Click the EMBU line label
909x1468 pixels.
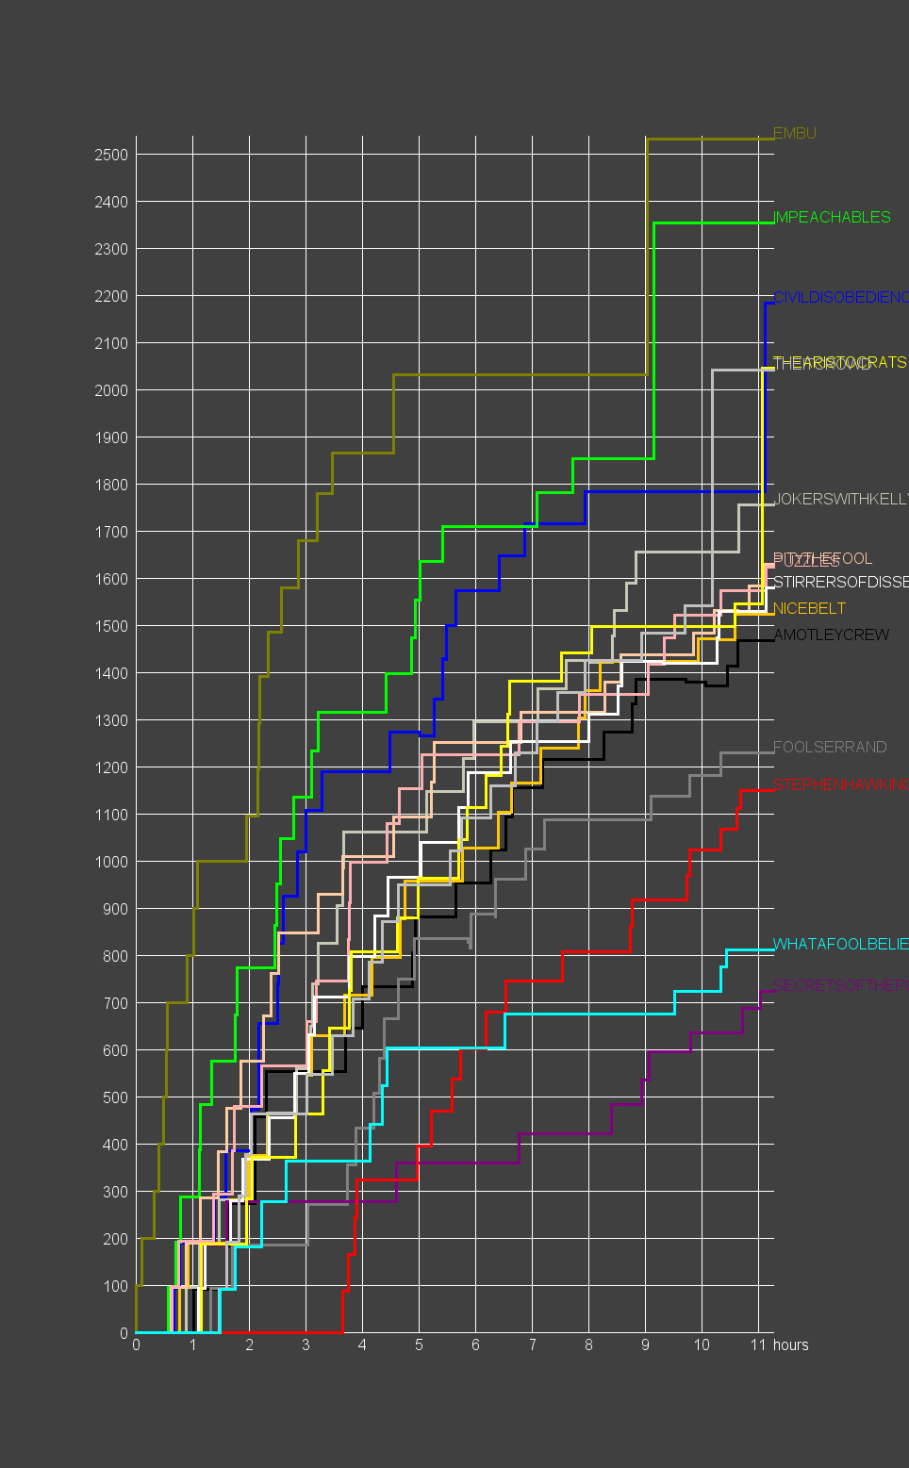[x=794, y=134]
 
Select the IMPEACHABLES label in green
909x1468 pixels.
[x=832, y=218]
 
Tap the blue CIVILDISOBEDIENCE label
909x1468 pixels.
[x=839, y=298]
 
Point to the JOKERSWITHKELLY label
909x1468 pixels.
[x=839, y=500]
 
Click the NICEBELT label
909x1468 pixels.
[x=809, y=609]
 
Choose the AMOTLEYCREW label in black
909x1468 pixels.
[x=831, y=635]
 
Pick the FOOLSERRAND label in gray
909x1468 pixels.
[x=830, y=748]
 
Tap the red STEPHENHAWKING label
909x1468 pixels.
[x=839, y=785]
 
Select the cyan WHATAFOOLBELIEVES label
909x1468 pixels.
[x=839, y=945]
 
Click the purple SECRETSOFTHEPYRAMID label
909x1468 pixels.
[x=839, y=986]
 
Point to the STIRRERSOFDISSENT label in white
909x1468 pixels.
[x=839, y=583]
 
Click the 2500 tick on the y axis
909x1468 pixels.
[x=111, y=155]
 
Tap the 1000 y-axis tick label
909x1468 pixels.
[x=111, y=862]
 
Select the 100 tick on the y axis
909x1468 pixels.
[x=116, y=1286]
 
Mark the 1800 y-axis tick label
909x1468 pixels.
[x=111, y=485]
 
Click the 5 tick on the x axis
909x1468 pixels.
[x=419, y=1345]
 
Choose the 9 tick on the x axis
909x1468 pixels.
[x=645, y=1345]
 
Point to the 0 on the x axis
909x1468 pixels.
[x=136, y=1345]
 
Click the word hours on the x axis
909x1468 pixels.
[x=790, y=1345]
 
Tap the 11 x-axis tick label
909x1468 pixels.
[x=758, y=1345]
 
